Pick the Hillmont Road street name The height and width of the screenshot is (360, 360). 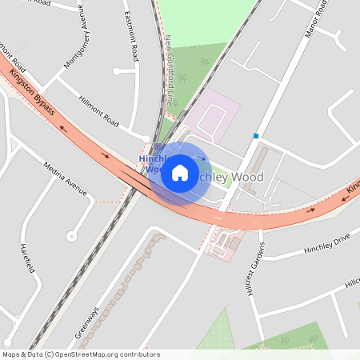pyautogui.click(x=98, y=111)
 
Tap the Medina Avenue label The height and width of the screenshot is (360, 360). pyautogui.click(x=65, y=177)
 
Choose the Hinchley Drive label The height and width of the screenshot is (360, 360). pyautogui.click(x=327, y=246)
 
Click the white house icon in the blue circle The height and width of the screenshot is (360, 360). pyautogui.click(x=180, y=172)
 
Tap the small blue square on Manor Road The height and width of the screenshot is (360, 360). pyautogui.click(x=256, y=136)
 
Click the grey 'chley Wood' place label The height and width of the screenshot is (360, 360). pyautogui.click(x=237, y=177)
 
